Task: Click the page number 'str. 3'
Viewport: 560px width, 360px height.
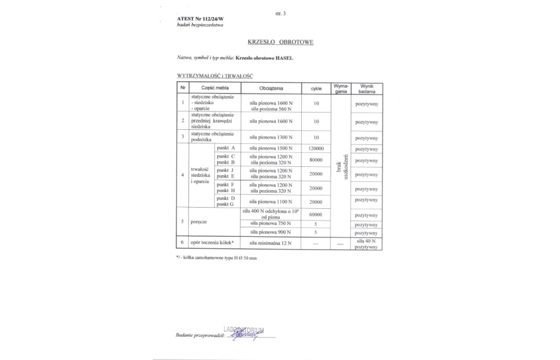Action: pos(281,13)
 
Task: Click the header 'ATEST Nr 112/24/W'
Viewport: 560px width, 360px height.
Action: pos(196,19)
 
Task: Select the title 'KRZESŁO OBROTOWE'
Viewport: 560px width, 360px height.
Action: pos(281,42)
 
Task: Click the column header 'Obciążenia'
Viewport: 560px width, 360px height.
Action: pos(271,88)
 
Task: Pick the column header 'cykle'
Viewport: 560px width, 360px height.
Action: pos(316,88)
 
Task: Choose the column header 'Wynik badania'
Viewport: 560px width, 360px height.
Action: pos(367,88)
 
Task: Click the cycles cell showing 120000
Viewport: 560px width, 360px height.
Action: pos(316,148)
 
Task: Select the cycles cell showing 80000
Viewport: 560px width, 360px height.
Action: pos(316,161)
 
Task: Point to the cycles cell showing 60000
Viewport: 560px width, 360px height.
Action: pos(316,214)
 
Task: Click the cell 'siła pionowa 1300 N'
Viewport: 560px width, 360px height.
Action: pos(271,137)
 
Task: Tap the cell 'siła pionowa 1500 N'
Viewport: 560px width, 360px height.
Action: pos(271,148)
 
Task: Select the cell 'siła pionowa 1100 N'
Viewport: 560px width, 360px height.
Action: pos(271,201)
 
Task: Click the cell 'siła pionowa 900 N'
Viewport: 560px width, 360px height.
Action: pos(271,232)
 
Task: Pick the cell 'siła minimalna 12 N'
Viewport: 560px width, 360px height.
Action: pos(271,243)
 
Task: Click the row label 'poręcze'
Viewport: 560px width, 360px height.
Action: pos(199,222)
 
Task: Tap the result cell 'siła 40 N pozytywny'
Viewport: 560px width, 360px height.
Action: pos(367,244)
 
